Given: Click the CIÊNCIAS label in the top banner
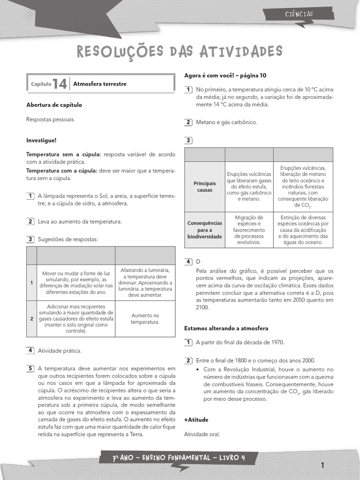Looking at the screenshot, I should pyautogui.click(x=299, y=14).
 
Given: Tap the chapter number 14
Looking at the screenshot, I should pyautogui.click(x=60, y=84).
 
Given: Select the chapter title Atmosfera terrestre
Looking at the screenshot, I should pyautogui.click(x=100, y=84).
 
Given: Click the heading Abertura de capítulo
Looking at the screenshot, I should pyautogui.click(x=54, y=105).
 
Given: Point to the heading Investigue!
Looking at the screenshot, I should pyautogui.click(x=41, y=140).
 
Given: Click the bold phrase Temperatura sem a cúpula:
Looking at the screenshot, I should pyautogui.click(x=64, y=154).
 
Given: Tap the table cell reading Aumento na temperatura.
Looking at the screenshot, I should pyautogui.click(x=145, y=319).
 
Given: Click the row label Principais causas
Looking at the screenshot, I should pyautogui.click(x=205, y=187).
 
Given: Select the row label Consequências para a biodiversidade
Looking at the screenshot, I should pyautogui.click(x=205, y=230).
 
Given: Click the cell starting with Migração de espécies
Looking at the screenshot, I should pyautogui.click(x=249, y=230).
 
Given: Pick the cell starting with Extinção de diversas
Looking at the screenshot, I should pyautogui.click(x=303, y=230).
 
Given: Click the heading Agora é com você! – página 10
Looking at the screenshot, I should pyautogui.click(x=225, y=75).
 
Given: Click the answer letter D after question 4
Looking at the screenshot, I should pyautogui.click(x=198, y=262).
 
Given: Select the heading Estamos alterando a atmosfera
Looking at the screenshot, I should pyautogui.click(x=226, y=328).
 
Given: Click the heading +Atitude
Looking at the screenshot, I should pyautogui.click(x=196, y=420).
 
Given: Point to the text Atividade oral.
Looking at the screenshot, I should pyautogui.click(x=202, y=434).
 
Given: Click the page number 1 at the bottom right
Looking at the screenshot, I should pyautogui.click(x=323, y=465).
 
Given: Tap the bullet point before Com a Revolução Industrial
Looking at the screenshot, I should pyautogui.click(x=199, y=370).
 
